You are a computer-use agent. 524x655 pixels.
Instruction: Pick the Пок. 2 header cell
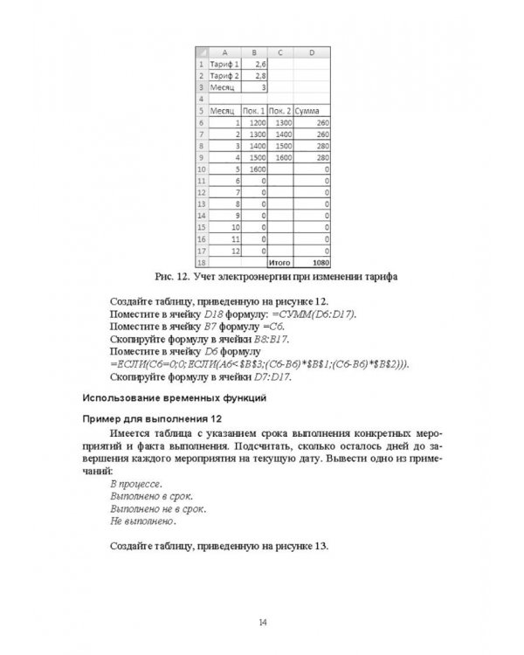pyautogui.click(x=279, y=112)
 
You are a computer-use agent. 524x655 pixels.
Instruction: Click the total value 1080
pyautogui.click(x=318, y=261)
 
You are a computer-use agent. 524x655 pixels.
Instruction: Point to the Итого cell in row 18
pyautogui.click(x=279, y=261)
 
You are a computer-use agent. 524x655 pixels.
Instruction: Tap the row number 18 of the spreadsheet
pyautogui.click(x=201, y=261)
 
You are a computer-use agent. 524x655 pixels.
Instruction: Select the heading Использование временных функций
pyautogui.click(x=174, y=398)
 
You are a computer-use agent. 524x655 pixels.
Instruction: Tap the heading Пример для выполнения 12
pyautogui.click(x=150, y=419)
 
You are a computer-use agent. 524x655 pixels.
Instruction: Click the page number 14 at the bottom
pyautogui.click(x=261, y=621)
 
